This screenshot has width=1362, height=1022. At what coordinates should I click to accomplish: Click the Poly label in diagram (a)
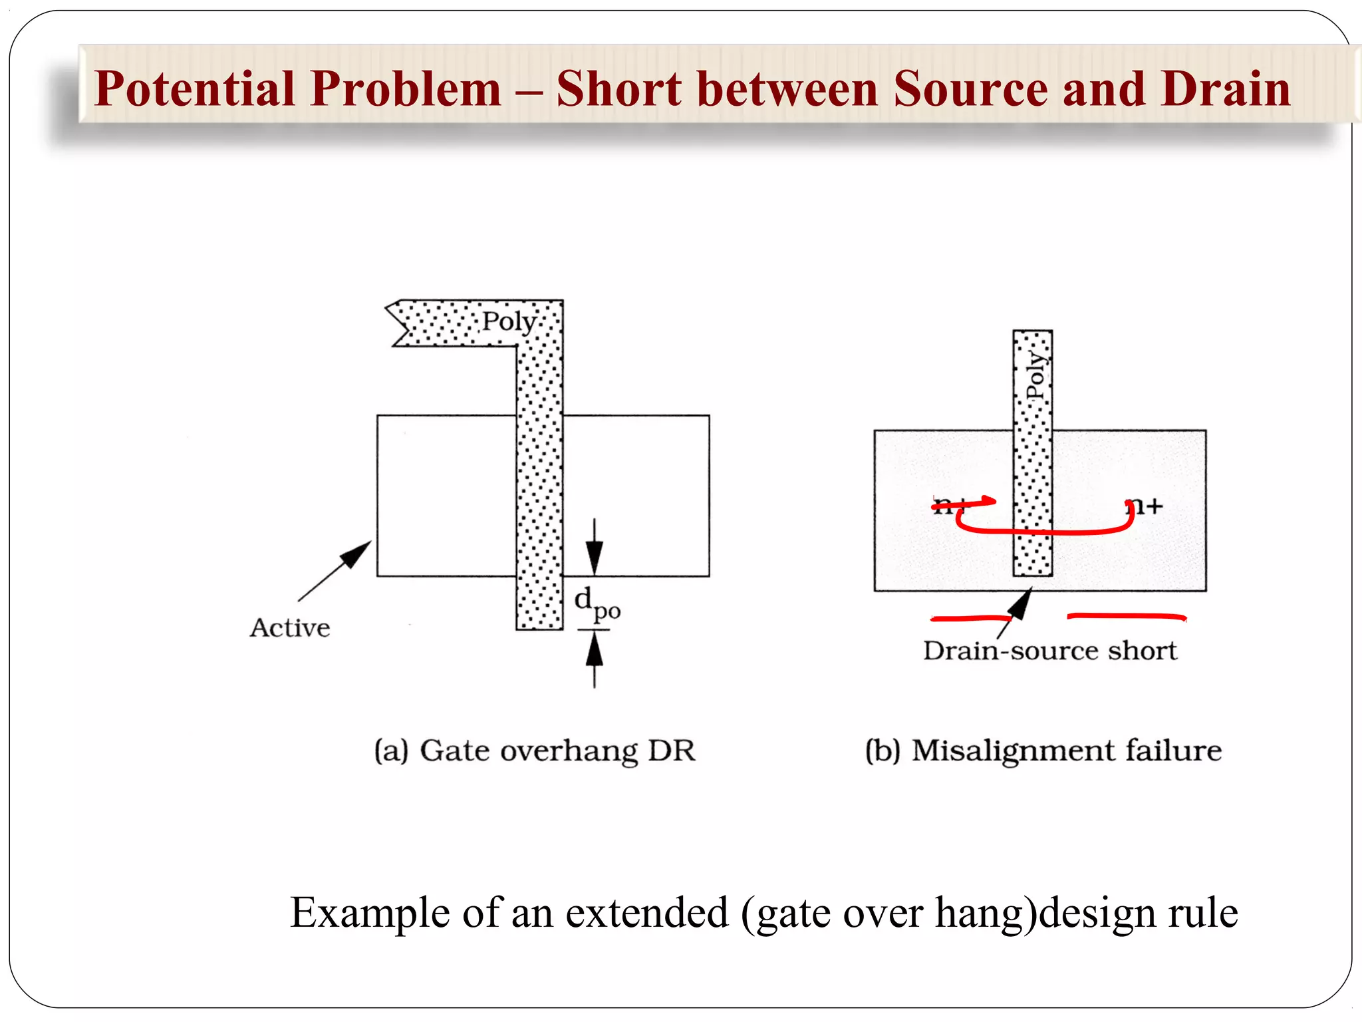509,321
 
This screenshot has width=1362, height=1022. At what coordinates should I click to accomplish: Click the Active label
290,628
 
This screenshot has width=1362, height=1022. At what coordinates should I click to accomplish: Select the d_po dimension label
597,603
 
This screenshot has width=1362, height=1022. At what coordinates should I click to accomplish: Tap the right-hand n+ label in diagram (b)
1145,507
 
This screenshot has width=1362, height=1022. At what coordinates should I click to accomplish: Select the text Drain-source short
1049,651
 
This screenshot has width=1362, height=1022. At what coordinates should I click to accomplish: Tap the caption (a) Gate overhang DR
535,751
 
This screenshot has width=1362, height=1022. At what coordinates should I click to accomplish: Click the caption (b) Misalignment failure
1043,751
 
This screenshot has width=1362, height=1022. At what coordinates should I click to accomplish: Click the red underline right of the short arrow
1127,617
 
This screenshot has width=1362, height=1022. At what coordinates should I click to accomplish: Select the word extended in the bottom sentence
646,912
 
